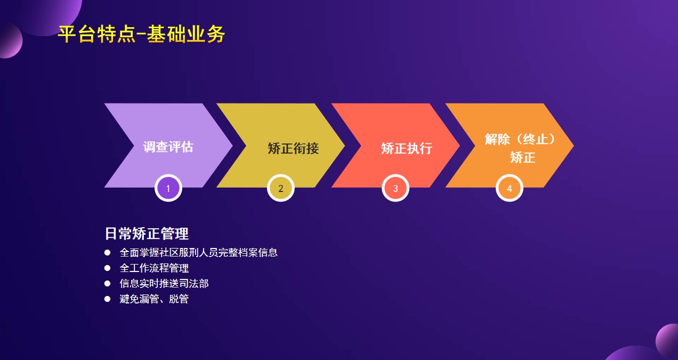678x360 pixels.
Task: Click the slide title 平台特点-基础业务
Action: coord(141,35)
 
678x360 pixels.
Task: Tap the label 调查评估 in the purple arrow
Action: coord(168,147)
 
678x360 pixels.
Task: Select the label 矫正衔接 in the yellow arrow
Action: coord(293,148)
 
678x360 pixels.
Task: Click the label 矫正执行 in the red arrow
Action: coord(406,148)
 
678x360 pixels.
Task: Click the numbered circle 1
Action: coord(168,188)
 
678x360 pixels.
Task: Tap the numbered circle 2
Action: coord(281,188)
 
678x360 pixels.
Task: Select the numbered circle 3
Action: coord(396,188)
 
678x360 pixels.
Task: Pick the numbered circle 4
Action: coord(510,188)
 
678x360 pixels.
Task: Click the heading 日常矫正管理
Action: coord(147,234)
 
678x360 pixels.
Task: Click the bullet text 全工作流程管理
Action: coord(154,268)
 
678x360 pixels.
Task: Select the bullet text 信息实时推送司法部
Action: coord(164,283)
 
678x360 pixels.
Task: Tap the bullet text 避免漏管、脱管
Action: coord(154,299)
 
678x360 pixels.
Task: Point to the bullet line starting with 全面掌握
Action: coord(198,252)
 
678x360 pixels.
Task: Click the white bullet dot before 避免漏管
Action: coord(107,299)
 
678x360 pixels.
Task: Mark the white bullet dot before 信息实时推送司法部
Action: coord(107,283)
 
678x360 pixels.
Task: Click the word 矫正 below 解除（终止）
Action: coord(522,158)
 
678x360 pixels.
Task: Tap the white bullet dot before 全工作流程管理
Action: coord(107,268)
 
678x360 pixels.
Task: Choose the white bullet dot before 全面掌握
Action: coord(107,252)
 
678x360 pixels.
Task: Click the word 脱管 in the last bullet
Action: coord(179,299)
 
